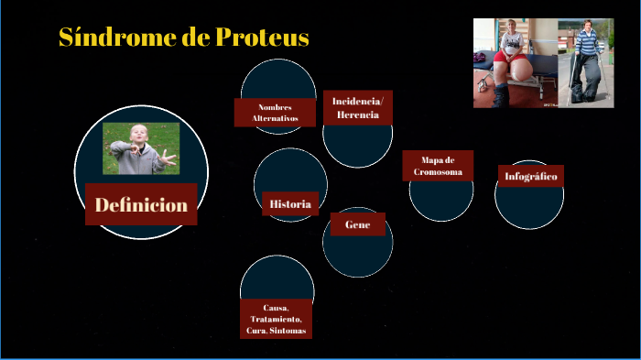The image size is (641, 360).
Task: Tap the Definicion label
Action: click(x=142, y=205)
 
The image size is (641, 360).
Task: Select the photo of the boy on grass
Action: click(x=140, y=148)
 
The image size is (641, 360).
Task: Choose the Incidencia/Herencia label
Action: click(x=357, y=107)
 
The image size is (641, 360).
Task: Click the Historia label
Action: click(x=290, y=203)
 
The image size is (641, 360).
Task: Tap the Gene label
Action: click(x=357, y=224)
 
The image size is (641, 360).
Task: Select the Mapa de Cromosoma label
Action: click(x=438, y=166)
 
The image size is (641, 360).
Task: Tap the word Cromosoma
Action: click(x=438, y=172)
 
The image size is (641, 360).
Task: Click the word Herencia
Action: click(x=357, y=115)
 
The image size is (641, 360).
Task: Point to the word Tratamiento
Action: click(x=276, y=319)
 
